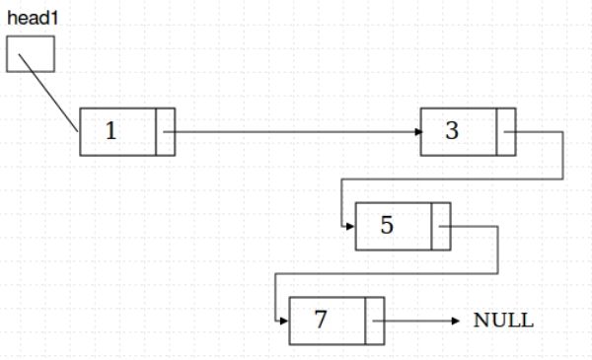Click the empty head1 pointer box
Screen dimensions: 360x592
[30, 53]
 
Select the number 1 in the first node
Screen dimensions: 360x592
[111, 131]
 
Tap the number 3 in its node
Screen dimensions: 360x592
[452, 131]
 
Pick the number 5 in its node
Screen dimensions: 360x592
[387, 226]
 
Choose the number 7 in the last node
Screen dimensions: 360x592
[320, 321]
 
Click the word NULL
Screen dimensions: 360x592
[503, 321]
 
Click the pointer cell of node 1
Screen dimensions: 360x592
[165, 131]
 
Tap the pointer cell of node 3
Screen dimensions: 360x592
[506, 131]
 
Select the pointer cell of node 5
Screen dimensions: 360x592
[440, 226]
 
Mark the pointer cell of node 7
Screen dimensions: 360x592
[374, 321]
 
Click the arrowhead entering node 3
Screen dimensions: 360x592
[415, 131]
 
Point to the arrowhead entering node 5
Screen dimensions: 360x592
[350, 226]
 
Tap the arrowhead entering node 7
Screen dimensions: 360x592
[284, 321]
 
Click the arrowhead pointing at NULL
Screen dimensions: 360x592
[456, 321]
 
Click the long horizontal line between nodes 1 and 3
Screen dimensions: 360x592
[296, 131]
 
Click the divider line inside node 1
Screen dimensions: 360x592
[156, 131]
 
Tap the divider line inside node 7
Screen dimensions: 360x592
[365, 321]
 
